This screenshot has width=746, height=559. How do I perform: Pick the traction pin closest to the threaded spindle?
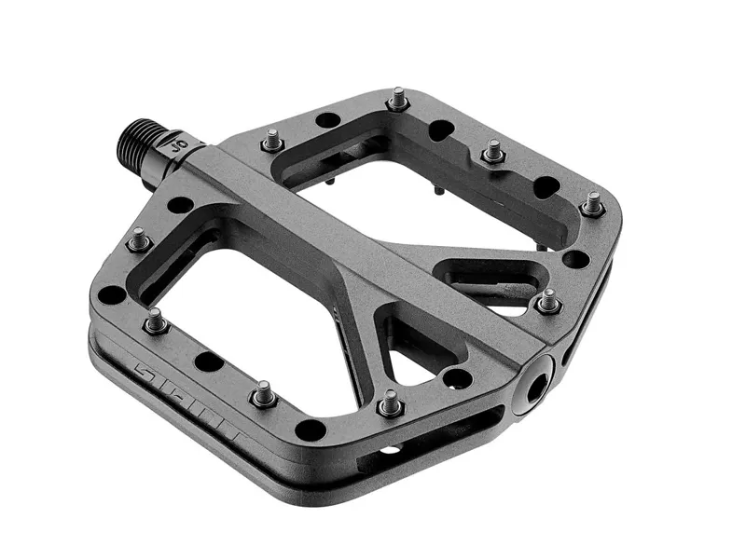click(271, 140)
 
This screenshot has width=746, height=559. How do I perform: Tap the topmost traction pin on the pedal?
click(399, 97)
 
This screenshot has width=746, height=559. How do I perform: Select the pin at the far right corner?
click(593, 201)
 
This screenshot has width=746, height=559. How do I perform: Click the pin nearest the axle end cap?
click(549, 302)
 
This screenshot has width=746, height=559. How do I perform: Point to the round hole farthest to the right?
click(580, 258)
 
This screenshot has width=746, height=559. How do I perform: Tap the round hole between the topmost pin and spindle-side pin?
click(327, 119)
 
